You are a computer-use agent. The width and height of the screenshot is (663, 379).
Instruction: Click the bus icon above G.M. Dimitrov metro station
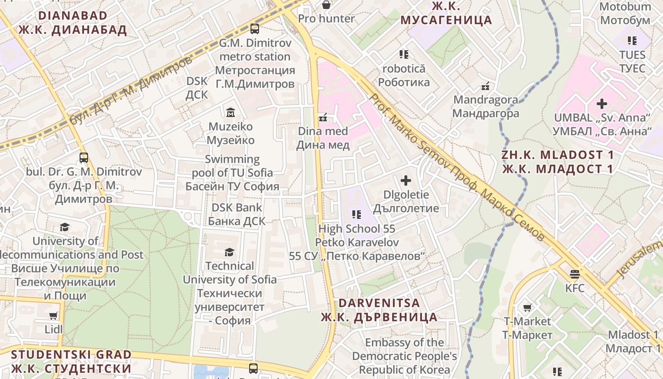coord(255,29)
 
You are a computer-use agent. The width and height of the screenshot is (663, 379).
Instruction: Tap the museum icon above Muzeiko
coord(231,112)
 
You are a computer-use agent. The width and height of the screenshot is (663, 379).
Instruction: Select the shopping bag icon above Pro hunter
coord(326,5)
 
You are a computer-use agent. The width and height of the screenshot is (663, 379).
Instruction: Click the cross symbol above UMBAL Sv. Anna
coord(602,103)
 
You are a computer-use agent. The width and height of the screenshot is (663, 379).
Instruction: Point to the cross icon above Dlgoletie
coord(406,180)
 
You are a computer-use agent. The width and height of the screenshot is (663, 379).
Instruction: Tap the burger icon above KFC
coord(575,274)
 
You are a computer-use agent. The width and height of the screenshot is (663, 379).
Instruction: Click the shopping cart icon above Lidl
coord(54,315)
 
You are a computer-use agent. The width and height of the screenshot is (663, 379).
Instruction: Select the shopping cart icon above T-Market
coord(527,307)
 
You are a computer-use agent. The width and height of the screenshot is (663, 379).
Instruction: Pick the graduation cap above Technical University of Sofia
coord(230,252)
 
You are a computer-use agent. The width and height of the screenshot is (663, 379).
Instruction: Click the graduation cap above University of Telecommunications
coord(64,227)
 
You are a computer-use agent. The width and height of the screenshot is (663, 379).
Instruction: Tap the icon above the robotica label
coord(403,54)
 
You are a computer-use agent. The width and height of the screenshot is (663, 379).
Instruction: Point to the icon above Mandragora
coord(485,86)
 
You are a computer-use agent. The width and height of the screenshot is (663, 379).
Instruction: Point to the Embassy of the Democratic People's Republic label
coord(404,356)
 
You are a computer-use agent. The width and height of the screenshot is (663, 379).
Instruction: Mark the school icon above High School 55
coord(357,215)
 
